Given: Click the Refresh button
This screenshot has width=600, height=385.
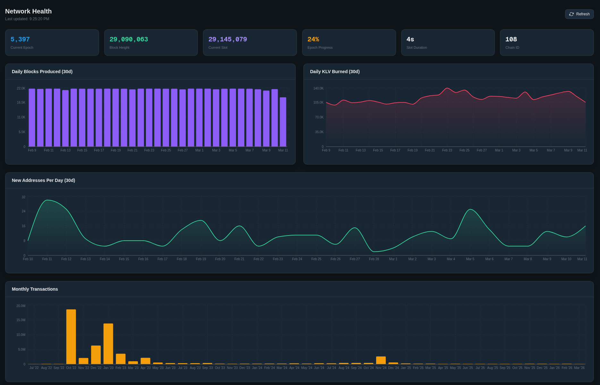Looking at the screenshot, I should pyautogui.click(x=579, y=14).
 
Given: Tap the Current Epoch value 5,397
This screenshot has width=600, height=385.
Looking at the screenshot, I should pyautogui.click(x=20, y=39).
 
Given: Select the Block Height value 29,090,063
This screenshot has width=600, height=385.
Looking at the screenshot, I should pyautogui.click(x=129, y=39).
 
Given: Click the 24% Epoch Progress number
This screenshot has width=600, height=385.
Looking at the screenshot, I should pyautogui.click(x=313, y=39).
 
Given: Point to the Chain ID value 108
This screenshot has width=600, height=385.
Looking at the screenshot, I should pyautogui.click(x=511, y=39).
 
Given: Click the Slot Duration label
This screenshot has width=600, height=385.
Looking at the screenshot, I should pyautogui.click(x=416, y=47).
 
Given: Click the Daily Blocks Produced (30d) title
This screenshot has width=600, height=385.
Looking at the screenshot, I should pyautogui.click(x=42, y=72).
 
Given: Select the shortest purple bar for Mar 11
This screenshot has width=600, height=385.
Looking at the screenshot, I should pyautogui.click(x=283, y=122).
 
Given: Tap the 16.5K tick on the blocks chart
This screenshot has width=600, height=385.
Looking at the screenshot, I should pyautogui.click(x=21, y=103).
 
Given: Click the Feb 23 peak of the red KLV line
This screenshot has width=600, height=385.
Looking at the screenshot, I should pyautogui.click(x=447, y=88).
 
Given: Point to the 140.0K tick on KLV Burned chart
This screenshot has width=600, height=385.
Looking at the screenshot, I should pyautogui.click(x=318, y=88).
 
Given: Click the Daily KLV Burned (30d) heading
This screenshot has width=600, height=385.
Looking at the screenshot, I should pyautogui.click(x=334, y=72).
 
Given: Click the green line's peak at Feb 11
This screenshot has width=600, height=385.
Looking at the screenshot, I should pyautogui.click(x=47, y=200).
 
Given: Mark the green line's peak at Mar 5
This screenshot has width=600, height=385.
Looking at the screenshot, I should pyautogui.click(x=470, y=210).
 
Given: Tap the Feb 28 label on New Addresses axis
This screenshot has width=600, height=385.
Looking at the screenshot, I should pyautogui.click(x=374, y=259).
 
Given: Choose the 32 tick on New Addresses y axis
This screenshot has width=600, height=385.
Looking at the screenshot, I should pyautogui.click(x=23, y=197).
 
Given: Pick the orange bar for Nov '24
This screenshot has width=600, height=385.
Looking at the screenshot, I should pyautogui.click(x=381, y=360).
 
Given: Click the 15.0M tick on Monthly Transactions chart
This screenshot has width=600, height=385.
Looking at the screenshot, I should pyautogui.click(x=21, y=320).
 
